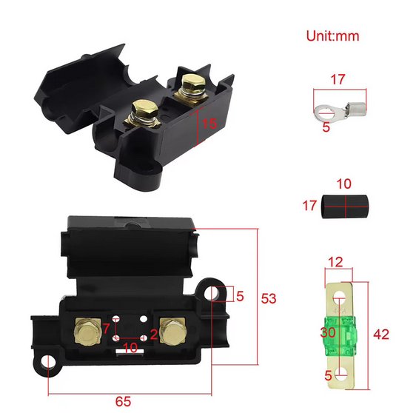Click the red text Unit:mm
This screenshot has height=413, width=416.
point(332,36)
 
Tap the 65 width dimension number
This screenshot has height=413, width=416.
point(123,402)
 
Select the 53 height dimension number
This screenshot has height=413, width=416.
point(269,298)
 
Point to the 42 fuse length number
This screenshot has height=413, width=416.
point(381,335)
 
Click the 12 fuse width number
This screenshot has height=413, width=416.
point(335,262)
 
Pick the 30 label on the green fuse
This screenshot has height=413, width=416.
point(328,332)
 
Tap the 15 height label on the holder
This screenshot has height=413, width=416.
point(209,124)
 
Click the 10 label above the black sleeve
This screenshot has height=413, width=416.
point(344,184)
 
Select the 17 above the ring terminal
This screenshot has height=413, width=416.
point(338,80)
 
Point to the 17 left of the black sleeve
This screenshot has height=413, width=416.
point(309,206)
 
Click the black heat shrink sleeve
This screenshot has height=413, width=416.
point(345,206)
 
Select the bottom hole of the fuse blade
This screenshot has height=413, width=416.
point(340,373)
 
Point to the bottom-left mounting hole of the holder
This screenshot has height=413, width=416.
point(48,363)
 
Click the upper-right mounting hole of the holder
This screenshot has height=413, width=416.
point(212,294)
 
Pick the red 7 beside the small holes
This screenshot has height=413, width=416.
point(106,329)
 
